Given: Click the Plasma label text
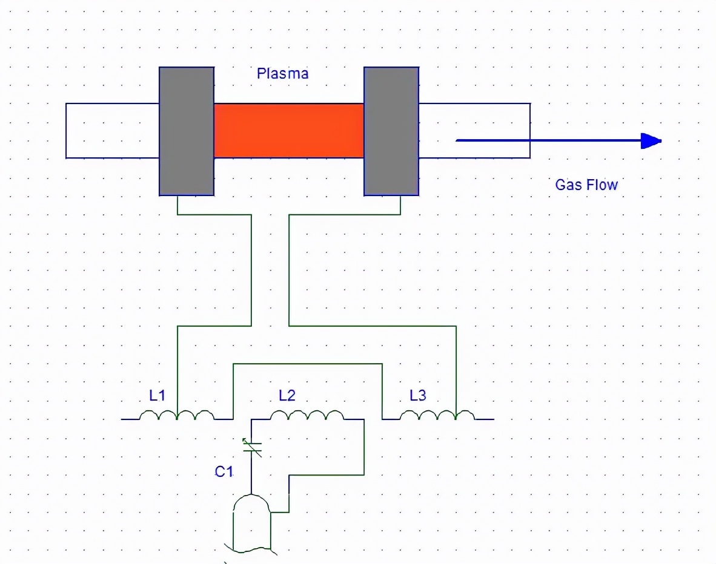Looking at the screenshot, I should (282, 74).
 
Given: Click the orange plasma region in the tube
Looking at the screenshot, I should (288, 130).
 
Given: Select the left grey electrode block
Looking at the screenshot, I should (187, 131).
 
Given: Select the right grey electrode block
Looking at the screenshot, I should (391, 131).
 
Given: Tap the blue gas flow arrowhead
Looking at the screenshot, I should (651, 141).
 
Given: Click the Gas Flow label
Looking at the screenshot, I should (586, 185).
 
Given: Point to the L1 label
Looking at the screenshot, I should (157, 396).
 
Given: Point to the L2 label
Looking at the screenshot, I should (287, 396).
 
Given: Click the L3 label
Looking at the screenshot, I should (418, 396).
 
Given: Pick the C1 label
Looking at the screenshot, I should (224, 471).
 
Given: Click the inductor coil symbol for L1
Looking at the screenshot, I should (177, 415).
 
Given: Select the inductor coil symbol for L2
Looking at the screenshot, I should (307, 415).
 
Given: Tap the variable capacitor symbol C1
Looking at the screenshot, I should (251, 447).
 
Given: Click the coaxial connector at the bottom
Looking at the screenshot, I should (251, 520).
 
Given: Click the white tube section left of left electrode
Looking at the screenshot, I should (112, 131).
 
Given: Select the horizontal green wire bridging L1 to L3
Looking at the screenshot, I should (308, 364).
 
